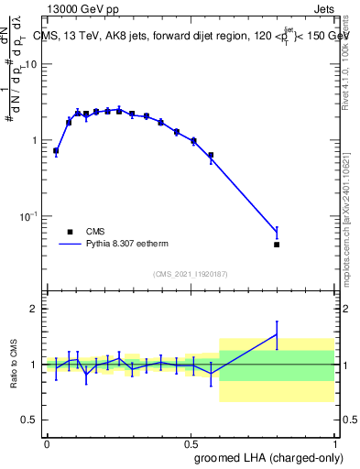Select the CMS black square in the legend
coord(70,232)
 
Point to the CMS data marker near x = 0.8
coord(277,245)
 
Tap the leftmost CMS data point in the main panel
coord(56,150)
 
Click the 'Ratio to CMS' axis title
coord(14,364)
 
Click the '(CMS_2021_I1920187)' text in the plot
coord(190,273)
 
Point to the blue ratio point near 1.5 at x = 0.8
coord(277,334)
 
